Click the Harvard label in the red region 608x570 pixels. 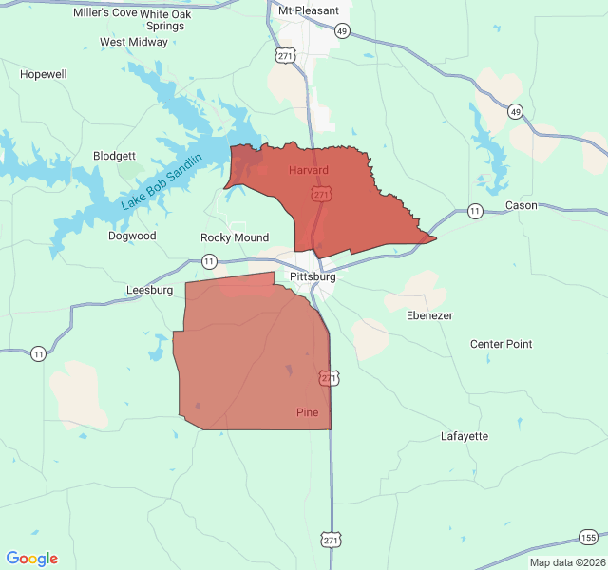click(x=309, y=170)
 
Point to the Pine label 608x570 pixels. click(x=307, y=412)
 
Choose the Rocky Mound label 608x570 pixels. click(x=235, y=237)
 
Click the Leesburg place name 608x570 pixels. click(x=149, y=290)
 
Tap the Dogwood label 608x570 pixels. click(x=132, y=236)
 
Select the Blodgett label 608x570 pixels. click(x=115, y=156)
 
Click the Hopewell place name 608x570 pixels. click(x=44, y=74)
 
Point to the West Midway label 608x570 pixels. click(x=134, y=42)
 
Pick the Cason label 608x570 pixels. click(x=522, y=205)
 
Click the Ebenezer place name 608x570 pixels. click(x=429, y=315)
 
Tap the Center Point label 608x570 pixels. click(x=502, y=344)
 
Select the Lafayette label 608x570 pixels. click(x=465, y=436)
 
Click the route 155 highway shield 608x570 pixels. click(x=589, y=538)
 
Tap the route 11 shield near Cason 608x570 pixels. click(x=475, y=211)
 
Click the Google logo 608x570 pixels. click(x=32, y=559)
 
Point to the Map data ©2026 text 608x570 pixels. click(x=566, y=562)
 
